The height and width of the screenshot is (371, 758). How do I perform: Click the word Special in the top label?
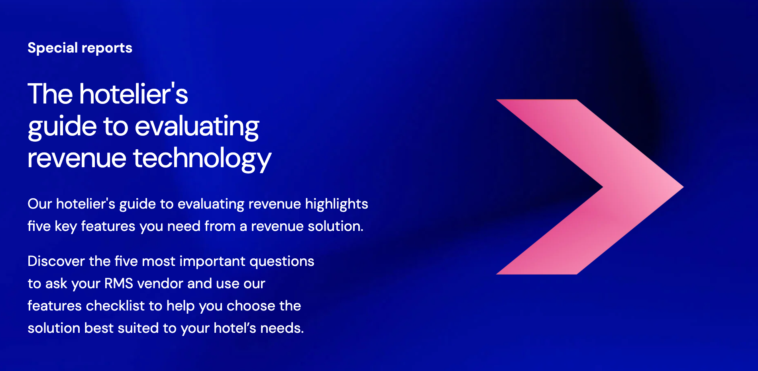[x=53, y=48]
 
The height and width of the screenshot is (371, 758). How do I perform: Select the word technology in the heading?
[x=202, y=158]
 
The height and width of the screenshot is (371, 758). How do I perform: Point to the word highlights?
[x=336, y=204]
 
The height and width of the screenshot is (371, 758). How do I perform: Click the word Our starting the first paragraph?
[x=40, y=204]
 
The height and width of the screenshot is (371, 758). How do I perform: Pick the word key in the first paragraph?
[x=66, y=227]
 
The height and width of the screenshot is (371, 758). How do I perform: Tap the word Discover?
[x=56, y=261]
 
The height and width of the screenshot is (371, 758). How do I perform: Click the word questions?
[x=282, y=262]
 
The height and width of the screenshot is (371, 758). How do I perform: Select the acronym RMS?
[x=119, y=283]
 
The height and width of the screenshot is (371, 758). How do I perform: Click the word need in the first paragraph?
[x=184, y=226]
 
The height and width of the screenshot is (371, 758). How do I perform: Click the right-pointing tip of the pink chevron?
[x=683, y=187]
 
